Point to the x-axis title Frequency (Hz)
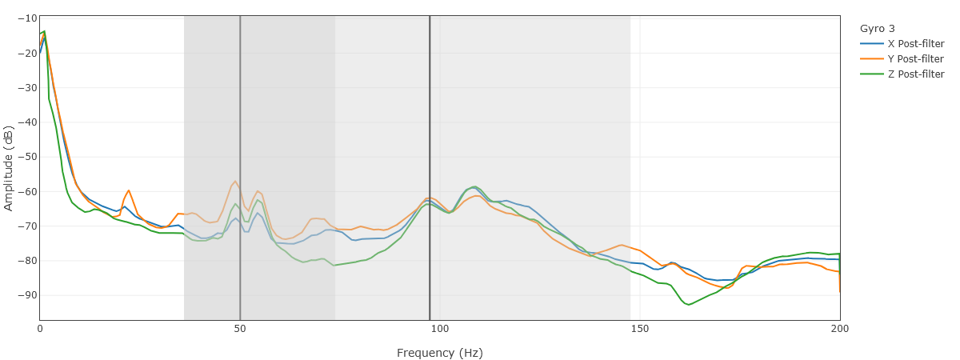tap(439, 353)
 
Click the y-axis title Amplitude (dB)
tap(9, 168)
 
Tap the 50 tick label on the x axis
tap(240, 329)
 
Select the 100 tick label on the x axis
tap(439, 329)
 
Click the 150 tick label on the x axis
tap(639, 329)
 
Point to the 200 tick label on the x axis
tap(839, 329)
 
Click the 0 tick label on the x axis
tap(40, 329)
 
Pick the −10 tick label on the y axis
tap(26, 18)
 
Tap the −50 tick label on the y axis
tap(26, 157)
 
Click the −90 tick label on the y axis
tap(26, 295)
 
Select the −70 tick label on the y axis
tap(26, 226)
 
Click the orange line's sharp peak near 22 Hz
tap(129, 190)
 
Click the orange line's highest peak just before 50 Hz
tap(235, 181)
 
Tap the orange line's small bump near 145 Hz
tap(621, 245)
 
